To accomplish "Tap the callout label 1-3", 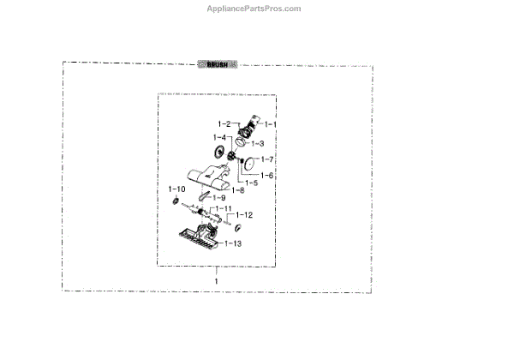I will (x=257, y=143).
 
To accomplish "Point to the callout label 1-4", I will (x=219, y=138).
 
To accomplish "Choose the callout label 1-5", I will (x=251, y=183).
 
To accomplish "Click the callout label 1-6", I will (x=266, y=175).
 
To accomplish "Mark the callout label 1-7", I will (x=266, y=159).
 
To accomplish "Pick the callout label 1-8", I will (x=237, y=190).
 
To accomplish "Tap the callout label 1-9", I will (x=219, y=199).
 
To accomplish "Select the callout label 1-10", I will (x=176, y=189).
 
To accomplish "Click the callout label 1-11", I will (x=223, y=209).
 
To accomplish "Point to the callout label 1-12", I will (x=244, y=214).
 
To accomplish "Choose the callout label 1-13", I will (x=233, y=243).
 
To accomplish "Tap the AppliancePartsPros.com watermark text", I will (x=254, y=9).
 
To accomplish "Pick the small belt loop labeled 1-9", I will (x=203, y=195).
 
